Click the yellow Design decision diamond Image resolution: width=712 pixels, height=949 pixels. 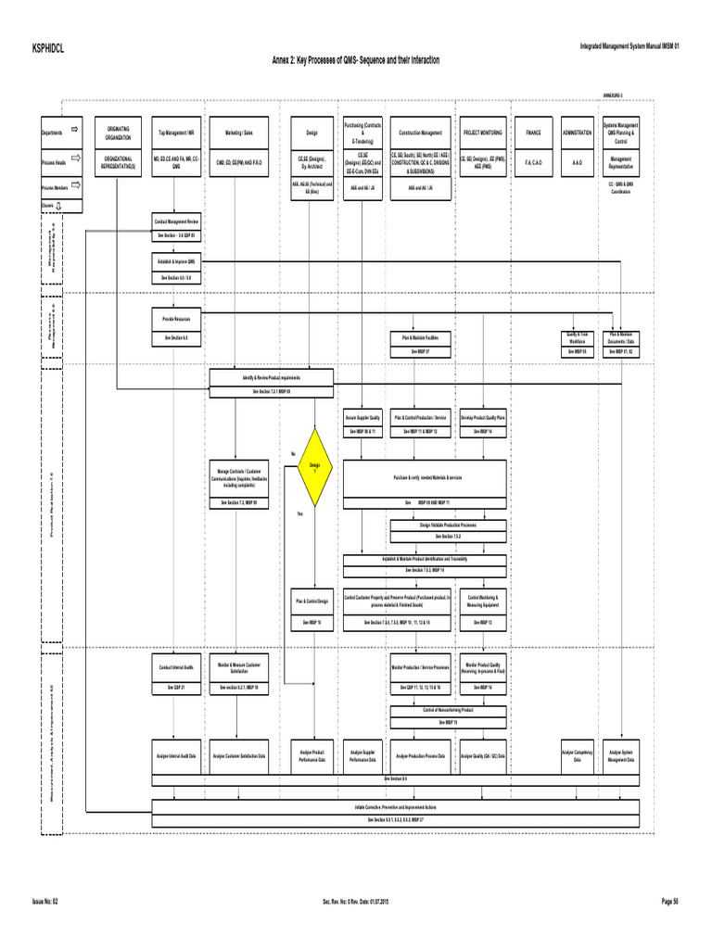coord(313,465)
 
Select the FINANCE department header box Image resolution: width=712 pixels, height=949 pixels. coord(532,133)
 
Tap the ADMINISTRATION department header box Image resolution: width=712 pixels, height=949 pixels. coord(576,133)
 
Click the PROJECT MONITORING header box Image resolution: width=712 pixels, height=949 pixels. coord(483,133)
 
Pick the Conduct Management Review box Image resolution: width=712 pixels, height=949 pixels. coord(175,222)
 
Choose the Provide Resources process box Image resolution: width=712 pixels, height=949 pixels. coord(175,318)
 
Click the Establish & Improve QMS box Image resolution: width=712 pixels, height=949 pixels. coord(175,262)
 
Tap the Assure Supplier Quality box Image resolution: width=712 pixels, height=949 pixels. coord(362,418)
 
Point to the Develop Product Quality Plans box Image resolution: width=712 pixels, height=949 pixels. coord(483,418)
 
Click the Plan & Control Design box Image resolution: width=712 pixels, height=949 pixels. coord(312,601)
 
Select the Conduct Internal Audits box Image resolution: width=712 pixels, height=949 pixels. coord(175,666)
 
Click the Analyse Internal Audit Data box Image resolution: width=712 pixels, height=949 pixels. coord(175,757)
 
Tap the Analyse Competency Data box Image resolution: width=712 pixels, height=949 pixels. coord(576,757)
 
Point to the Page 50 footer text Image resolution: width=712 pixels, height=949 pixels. coord(669,901)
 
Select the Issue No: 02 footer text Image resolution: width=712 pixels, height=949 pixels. coord(44,901)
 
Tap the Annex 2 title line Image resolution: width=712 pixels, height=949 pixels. coord(355,60)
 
